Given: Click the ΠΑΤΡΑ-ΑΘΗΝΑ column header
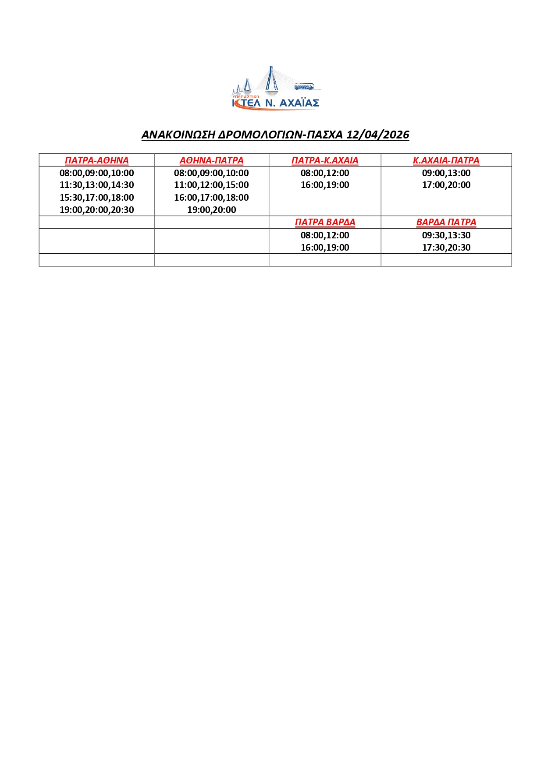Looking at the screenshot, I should tap(96, 160).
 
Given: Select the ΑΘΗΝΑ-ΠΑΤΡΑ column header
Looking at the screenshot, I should tap(211, 160).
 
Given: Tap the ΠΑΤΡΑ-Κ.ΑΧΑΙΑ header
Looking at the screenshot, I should tap(325, 160).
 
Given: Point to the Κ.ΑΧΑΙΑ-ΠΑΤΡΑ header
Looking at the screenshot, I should tap(446, 160).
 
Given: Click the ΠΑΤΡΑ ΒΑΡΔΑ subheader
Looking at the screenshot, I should tap(325, 222).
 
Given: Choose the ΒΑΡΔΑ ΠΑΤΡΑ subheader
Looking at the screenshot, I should tap(446, 222).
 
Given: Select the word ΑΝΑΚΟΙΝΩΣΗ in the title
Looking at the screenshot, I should tap(178, 135).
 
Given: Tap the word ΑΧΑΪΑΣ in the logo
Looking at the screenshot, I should tap(299, 103).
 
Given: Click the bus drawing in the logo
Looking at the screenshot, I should tap(304, 86).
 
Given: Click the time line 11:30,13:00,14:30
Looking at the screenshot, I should tap(96, 185).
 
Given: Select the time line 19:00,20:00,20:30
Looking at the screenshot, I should tap(96, 210).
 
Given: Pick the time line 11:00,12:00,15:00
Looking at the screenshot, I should tap(211, 185).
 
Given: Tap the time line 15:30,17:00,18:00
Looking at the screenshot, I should tap(96, 198).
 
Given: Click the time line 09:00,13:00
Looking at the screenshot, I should tap(446, 173).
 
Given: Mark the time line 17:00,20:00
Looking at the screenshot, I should tap(446, 185).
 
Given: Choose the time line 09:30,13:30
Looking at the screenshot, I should tap(446, 235).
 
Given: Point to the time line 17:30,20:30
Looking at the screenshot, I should tap(446, 248).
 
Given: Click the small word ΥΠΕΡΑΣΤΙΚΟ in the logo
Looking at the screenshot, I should tap(245, 96).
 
